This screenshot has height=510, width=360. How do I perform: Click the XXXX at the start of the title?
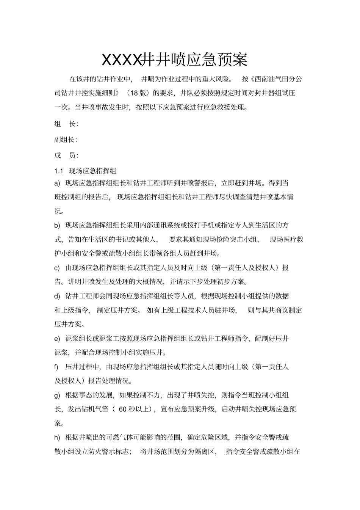coord(121,60)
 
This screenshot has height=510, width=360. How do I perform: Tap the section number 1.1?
coord(58,170)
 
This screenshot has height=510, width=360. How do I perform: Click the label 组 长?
coord(66,124)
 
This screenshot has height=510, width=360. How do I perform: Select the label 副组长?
coord(66,140)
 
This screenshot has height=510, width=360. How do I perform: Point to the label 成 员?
coord(66,155)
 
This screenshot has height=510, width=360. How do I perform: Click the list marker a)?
coord(58,184)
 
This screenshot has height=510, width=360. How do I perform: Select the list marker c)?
coord(58,268)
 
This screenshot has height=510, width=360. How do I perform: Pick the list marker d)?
coord(58,296)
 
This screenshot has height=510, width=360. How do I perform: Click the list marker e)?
coord(58,339)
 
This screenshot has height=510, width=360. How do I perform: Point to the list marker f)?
coord(56,367)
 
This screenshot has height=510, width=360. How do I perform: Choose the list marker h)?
coord(58,438)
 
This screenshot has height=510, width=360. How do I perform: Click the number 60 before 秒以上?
coord(123,409)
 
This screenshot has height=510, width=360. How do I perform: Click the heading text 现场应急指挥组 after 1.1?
coord(90,170)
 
